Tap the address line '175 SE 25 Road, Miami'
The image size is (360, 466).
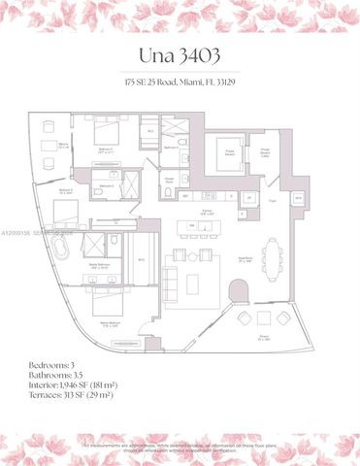180,83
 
